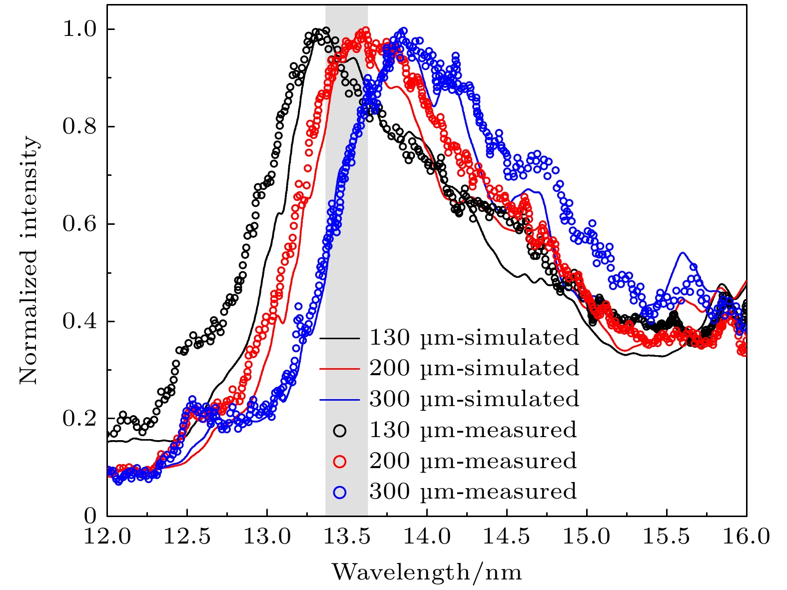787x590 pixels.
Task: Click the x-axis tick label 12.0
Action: [x=107, y=537]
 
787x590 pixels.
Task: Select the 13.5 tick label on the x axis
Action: [x=347, y=537]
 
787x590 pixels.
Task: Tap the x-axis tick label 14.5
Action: [x=507, y=537]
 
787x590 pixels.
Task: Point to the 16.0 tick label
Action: [x=747, y=537]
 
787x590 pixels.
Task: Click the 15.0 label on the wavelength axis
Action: [x=587, y=537]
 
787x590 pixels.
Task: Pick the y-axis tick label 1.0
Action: [x=79, y=29]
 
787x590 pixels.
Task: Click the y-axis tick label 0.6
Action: [x=79, y=224]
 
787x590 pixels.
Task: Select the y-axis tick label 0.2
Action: [x=79, y=419]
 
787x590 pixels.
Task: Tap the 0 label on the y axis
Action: [x=90, y=515]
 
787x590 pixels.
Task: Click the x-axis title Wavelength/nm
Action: [x=427, y=572]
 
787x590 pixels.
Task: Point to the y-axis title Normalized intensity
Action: [x=29, y=260]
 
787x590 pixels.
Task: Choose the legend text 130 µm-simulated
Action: [x=474, y=338]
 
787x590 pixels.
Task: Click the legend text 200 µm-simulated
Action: [x=474, y=368]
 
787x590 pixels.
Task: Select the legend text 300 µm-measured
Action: [x=473, y=492]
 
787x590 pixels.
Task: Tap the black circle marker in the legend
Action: [x=340, y=431]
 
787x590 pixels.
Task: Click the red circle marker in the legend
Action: [x=340, y=461]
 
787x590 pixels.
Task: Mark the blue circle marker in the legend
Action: [x=340, y=492]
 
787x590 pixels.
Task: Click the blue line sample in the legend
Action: [x=340, y=400]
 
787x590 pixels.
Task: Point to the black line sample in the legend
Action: [x=340, y=338]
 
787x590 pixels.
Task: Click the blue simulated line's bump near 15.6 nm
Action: [x=683, y=253]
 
